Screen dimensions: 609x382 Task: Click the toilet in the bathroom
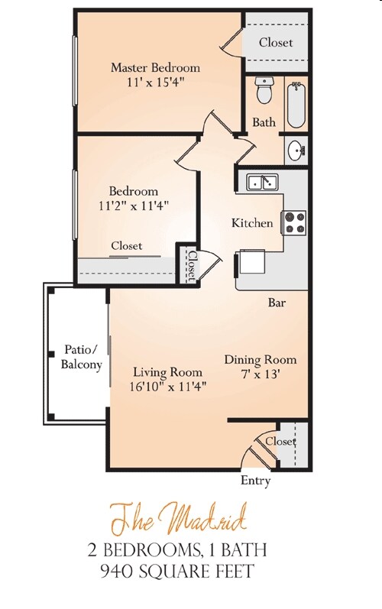click(264, 91)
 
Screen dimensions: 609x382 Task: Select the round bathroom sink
click(295, 150)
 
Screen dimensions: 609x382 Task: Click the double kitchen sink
click(263, 182)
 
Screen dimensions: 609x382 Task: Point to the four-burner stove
click(295, 222)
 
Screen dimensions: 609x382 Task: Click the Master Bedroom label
click(155, 67)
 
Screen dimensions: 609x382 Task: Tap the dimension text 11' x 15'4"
click(155, 81)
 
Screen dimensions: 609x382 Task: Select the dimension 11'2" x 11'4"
click(134, 205)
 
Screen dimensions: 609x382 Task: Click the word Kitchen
click(253, 223)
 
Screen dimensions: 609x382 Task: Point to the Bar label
click(277, 303)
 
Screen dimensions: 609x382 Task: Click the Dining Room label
click(260, 359)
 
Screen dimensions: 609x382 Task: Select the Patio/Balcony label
click(81, 358)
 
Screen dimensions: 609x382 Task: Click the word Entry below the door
click(255, 481)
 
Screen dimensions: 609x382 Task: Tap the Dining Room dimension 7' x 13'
click(260, 374)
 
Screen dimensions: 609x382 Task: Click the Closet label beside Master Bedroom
click(275, 43)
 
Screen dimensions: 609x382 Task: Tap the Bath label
click(264, 122)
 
